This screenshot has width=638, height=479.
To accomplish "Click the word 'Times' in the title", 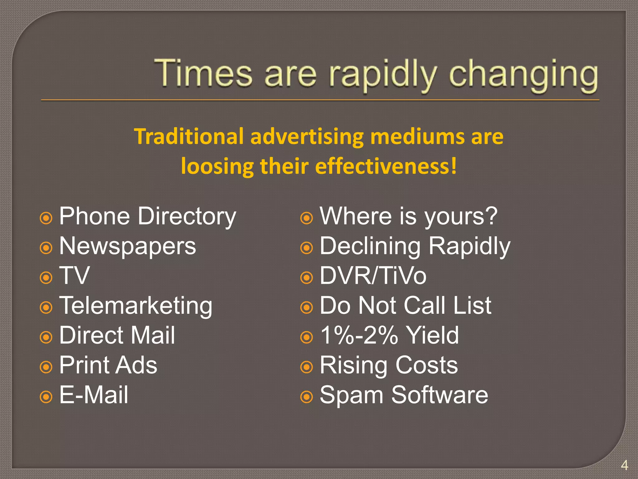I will point(203,74).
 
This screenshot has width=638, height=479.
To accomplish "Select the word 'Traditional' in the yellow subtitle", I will point(189,137).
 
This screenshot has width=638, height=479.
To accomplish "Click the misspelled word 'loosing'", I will point(217,166).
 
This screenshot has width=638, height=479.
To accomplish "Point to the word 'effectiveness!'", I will point(386,166).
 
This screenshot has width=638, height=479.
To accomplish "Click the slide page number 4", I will point(624,465).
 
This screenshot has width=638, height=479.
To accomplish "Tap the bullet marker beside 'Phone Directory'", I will point(46,218).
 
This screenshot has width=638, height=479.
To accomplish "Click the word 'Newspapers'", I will point(127,246).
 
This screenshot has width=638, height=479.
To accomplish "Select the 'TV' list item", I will point(74,276).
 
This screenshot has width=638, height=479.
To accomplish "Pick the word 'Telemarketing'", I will point(136,306).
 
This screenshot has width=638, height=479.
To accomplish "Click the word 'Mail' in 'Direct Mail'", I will point(152,336).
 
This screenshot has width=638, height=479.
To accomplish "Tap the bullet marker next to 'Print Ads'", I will point(46,367).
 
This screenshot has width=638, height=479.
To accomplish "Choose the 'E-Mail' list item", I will point(93,395).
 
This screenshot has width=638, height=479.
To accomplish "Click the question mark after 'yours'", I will point(491,216).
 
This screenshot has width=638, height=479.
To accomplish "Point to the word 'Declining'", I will point(370,246).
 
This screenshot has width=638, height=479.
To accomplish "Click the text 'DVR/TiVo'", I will point(373,276).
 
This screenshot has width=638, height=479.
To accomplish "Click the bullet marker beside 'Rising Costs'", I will point(307,367).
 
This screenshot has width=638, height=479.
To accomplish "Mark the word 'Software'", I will point(440,395).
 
